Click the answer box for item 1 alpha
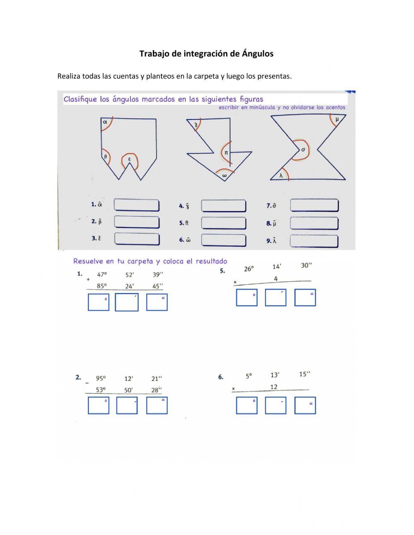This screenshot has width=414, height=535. pyautogui.click(x=136, y=205)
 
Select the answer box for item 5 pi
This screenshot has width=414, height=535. pyautogui.click(x=224, y=223)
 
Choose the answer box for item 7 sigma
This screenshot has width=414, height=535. pyautogui.click(x=314, y=205)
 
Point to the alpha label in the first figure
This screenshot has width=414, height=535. pyautogui.click(x=105, y=122)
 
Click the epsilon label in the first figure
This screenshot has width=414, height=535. pyautogui.click(x=129, y=159)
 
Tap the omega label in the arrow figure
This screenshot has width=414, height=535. pyautogui.click(x=224, y=175)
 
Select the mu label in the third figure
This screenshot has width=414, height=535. pyautogui.click(x=337, y=119)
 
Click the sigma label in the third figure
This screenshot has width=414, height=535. pyautogui.click(x=303, y=150)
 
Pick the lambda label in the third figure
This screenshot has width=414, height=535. pyautogui.click(x=281, y=175)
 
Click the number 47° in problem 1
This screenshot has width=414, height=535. pyautogui.click(x=102, y=274)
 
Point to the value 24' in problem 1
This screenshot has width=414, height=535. pyautogui.click(x=130, y=286)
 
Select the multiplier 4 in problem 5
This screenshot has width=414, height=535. pyautogui.click(x=276, y=278)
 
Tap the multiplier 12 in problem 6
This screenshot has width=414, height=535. pyautogui.click(x=274, y=387)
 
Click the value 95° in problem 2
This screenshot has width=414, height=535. pyautogui.click(x=101, y=378)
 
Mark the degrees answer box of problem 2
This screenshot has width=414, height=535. pyautogui.click(x=99, y=405)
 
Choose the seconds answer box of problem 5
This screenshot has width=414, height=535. pyautogui.click(x=305, y=298)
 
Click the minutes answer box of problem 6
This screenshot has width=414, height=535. pyautogui.click(x=275, y=405)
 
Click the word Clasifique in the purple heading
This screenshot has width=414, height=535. pyautogui.click(x=81, y=99)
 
